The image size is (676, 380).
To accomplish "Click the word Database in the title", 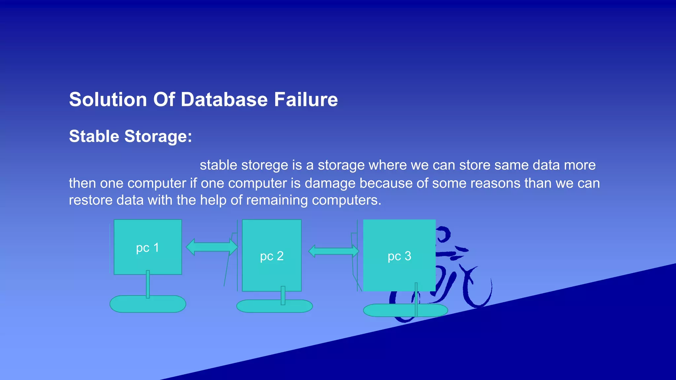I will coord(224,100).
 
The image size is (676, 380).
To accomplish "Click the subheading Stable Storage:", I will coord(130,136).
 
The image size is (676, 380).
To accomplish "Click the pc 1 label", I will coord(148,248).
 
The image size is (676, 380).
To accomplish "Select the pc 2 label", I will coord(272,256).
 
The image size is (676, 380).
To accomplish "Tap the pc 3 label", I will coord(399,256).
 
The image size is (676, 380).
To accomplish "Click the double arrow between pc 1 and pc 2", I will coord(212,247).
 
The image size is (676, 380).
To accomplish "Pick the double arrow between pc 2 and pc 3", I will coord(334,251).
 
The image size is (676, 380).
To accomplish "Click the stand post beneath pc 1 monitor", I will coord(148,284).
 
